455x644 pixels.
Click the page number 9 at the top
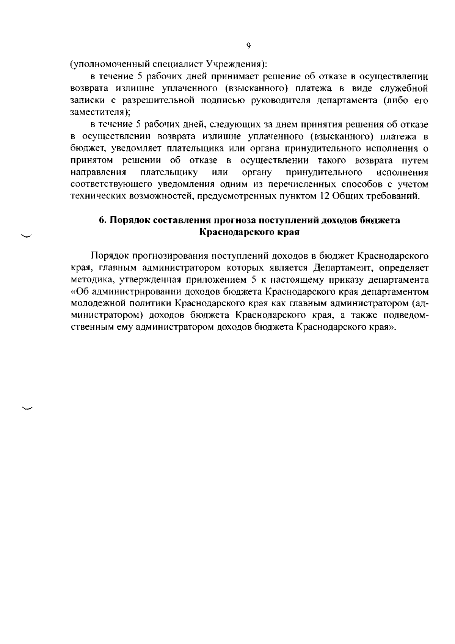coord(248,46)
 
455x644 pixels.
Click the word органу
coord(257,173)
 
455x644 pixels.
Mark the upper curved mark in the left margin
coord(27,236)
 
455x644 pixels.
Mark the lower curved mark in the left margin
coord(27,408)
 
